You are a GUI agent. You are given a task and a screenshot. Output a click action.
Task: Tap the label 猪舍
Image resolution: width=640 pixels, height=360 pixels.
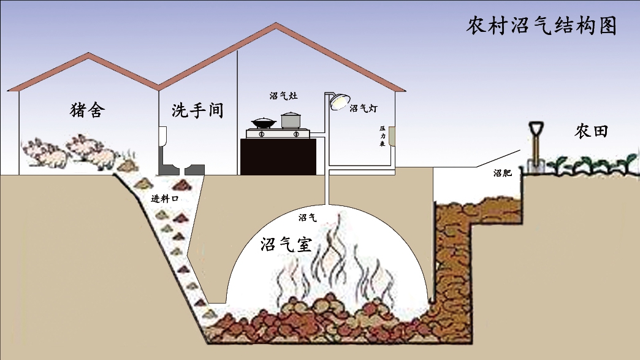click(88, 110)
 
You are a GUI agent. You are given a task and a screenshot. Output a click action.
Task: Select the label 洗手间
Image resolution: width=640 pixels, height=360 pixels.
click(197, 110)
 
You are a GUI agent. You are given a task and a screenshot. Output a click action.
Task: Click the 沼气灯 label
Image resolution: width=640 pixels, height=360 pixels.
click(364, 109)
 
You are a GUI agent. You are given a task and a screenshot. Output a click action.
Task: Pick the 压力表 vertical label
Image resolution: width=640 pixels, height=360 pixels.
click(381, 137)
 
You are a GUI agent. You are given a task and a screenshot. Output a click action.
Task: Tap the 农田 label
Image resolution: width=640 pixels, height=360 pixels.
click(591, 131)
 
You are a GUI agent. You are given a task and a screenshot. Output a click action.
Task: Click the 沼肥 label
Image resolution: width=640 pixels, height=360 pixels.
click(502, 173)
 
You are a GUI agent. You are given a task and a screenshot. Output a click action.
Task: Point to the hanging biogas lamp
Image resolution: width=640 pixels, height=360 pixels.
click(338, 101)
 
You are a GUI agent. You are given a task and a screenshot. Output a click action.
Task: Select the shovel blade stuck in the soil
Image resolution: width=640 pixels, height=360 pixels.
click(534, 163)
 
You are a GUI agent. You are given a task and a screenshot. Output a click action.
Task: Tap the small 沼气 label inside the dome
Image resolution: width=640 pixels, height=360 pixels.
click(307, 217)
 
